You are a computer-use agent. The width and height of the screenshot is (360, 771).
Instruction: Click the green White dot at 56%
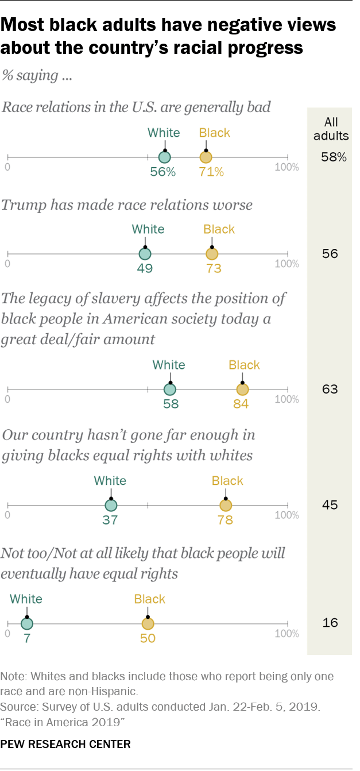click(x=165, y=157)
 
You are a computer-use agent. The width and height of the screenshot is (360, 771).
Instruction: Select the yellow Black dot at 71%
click(x=206, y=157)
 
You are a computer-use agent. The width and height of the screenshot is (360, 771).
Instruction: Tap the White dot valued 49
click(x=145, y=253)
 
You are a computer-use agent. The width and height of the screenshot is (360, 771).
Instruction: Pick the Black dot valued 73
click(x=212, y=253)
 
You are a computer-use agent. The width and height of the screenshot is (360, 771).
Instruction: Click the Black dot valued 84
click(x=242, y=389)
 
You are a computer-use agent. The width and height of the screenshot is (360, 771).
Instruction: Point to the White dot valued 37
click(x=111, y=506)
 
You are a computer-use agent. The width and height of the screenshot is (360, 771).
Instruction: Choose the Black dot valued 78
click(x=226, y=506)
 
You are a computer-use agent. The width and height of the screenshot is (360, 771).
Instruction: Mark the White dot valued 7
click(x=26, y=623)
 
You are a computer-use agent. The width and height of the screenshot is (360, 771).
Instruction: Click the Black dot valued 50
click(x=148, y=623)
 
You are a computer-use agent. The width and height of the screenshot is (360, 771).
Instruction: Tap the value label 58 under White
click(x=171, y=403)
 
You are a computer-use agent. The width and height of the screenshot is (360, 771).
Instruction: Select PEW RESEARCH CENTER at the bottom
click(x=65, y=745)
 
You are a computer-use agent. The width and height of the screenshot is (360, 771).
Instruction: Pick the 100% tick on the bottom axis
click(x=287, y=634)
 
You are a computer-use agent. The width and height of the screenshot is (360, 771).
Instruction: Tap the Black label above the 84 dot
click(x=244, y=365)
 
